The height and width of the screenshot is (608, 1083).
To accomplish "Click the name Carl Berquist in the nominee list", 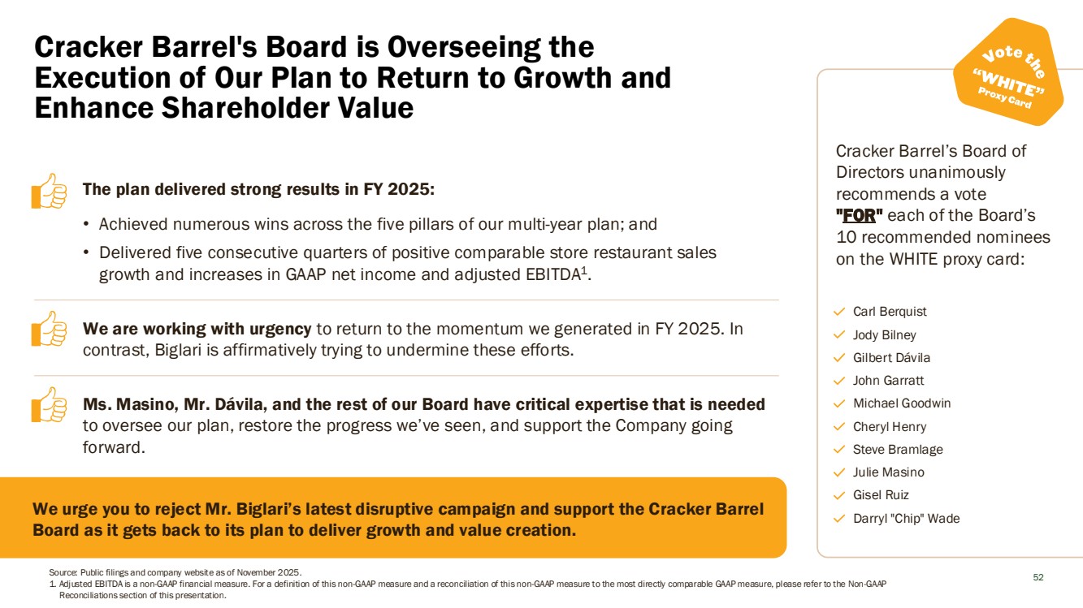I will [890, 312].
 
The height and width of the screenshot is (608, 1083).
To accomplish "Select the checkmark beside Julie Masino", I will [840, 472].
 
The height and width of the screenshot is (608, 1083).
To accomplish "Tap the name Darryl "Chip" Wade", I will [906, 519].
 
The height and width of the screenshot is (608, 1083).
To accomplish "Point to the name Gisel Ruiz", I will [881, 495].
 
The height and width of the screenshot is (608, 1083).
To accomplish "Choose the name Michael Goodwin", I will [901, 403].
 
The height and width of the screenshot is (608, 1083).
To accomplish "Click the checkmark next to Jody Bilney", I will [840, 334].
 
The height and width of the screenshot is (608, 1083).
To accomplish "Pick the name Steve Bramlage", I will [898, 450].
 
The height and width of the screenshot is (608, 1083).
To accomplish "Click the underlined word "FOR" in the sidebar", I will [859, 216].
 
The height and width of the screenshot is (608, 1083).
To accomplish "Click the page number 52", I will [1038, 578].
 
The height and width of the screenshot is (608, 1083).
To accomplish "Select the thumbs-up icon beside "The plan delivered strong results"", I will [49, 191].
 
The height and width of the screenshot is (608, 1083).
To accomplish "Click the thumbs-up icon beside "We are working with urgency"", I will [49, 329].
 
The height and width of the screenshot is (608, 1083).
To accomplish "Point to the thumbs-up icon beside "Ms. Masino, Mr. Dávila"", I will [49, 404].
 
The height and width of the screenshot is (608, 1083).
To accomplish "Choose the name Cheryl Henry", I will [889, 427].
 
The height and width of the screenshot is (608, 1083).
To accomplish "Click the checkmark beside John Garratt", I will [840, 381].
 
